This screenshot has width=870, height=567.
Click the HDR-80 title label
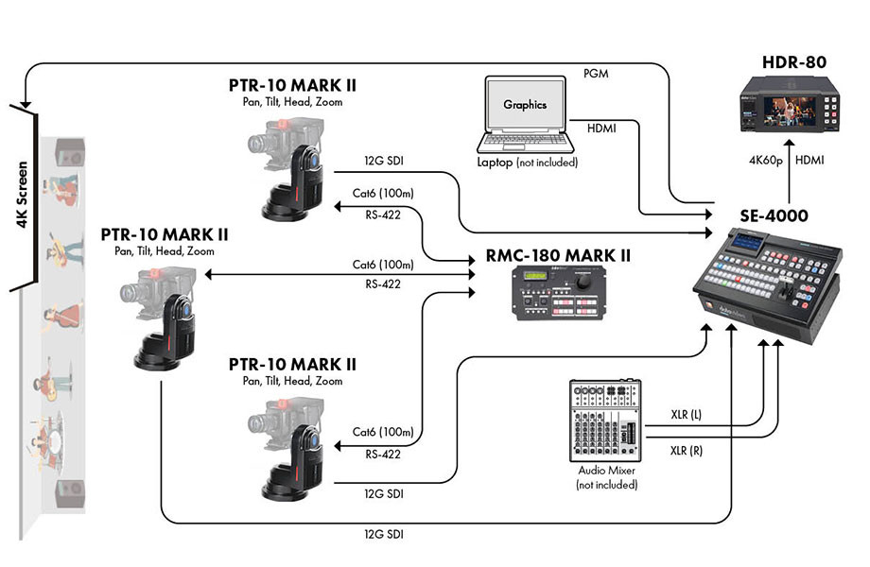794,63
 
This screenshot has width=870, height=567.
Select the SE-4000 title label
773,215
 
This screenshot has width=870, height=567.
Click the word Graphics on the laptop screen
525,105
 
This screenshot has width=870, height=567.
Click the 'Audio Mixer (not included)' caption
606,477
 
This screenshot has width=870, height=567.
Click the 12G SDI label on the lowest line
385,536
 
